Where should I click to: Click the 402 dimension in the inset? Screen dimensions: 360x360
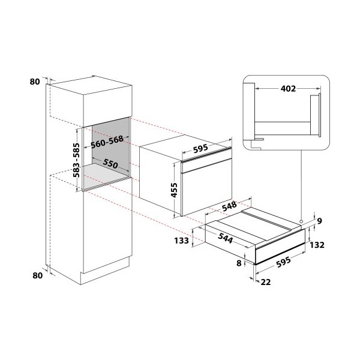[288, 88]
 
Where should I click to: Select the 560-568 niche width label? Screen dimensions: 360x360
[107, 142]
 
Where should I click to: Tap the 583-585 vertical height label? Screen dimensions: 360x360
[76, 160]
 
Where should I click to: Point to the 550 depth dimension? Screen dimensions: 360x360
[110, 163]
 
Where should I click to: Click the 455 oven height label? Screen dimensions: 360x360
[174, 190]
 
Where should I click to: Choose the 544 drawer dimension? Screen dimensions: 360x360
[226, 238]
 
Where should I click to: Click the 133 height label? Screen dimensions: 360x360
[181, 241]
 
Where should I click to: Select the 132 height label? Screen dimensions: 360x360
[317, 245]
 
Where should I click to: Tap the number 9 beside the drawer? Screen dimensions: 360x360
[320, 221]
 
